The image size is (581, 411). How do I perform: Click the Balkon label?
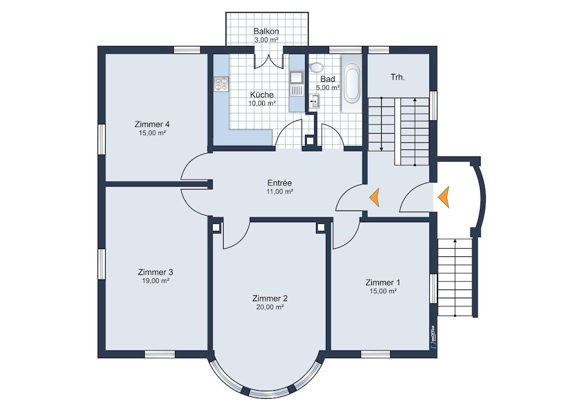tap(266, 31)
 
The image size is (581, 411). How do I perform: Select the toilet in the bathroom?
tap(315, 67)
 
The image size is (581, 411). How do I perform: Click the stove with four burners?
tap(221, 84)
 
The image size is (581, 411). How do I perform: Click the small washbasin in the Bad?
tap(314, 101)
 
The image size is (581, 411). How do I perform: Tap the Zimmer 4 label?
tap(152, 124)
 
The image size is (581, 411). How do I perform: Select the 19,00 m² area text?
tap(156, 281)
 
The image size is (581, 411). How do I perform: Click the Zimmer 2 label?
tap(270, 298)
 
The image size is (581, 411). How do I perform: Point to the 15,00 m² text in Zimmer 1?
tap(383, 291)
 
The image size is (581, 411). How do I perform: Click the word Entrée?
tap(280, 183)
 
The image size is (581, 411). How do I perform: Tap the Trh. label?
tap(397, 77)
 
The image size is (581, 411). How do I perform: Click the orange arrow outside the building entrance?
tap(443, 197)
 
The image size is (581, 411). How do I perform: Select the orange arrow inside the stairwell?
tap(375, 197)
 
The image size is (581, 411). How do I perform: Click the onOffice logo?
tap(433, 337)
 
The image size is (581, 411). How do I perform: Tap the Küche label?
tap(261, 95)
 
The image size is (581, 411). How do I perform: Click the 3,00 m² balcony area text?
tap(266, 40)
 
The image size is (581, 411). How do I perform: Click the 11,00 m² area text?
tap(280, 192)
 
